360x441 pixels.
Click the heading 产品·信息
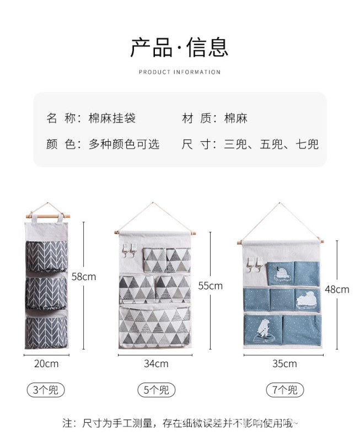coord(179,47)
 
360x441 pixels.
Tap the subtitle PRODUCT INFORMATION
coord(179,72)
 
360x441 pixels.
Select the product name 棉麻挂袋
coord(112,118)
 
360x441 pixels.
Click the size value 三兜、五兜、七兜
coord(271,144)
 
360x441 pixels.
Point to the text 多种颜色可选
coord(124,144)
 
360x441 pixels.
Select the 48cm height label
coord(336,289)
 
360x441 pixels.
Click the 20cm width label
coord(46,364)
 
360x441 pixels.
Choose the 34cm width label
coord(156,364)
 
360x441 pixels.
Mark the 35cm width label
coord(284,364)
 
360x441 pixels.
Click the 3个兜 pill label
coord(46,390)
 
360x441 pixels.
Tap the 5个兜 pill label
coord(156,390)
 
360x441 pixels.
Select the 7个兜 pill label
coord(284,390)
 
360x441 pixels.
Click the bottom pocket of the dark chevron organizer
coord(46,331)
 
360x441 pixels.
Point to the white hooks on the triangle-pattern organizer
coord(130,251)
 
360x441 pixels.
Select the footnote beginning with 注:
coord(180,423)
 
